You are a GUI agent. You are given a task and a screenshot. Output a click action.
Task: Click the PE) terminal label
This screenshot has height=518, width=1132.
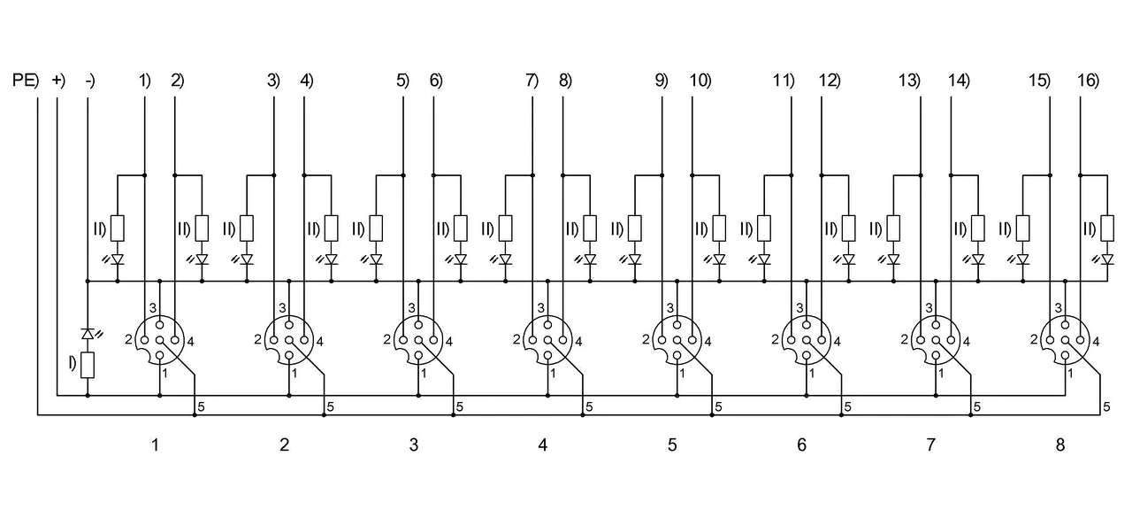pyautogui.click(x=26, y=81)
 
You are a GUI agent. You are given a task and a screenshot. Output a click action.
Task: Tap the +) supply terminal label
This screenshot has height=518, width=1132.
pyautogui.click(x=58, y=81)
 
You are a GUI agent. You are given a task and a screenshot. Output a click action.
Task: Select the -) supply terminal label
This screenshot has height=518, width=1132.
pyautogui.click(x=90, y=81)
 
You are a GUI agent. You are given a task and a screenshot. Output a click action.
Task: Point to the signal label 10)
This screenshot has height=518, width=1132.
pyautogui.click(x=700, y=81)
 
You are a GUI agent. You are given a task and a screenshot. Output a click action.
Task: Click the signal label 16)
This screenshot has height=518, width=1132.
pyautogui.click(x=1089, y=81)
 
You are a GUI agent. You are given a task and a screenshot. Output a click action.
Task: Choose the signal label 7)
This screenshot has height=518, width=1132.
pyautogui.click(x=532, y=81)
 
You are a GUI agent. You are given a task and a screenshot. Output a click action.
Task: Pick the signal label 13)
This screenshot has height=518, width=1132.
pyautogui.click(x=909, y=81)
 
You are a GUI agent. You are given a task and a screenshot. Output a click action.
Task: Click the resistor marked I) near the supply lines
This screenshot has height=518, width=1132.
pyautogui.click(x=88, y=365)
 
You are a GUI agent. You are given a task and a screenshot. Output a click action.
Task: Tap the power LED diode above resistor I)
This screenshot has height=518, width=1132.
pyautogui.click(x=88, y=333)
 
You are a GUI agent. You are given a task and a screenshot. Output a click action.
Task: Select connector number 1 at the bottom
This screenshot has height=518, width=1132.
pyautogui.click(x=155, y=445)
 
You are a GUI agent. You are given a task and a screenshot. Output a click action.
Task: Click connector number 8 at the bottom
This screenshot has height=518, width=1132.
pyautogui.click(x=1060, y=445)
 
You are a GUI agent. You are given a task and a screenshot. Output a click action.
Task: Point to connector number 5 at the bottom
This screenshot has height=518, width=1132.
pyautogui.click(x=672, y=445)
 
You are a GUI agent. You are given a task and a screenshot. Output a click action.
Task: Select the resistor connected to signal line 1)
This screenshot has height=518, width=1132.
pyautogui.click(x=118, y=228)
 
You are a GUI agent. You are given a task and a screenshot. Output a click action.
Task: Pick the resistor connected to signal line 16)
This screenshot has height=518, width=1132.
pyautogui.click(x=1107, y=228)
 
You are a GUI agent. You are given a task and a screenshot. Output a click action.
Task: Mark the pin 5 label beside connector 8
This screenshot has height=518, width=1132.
pyautogui.click(x=1106, y=406)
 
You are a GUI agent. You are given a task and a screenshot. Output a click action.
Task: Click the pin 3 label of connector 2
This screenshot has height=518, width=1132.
pyautogui.click(x=282, y=308)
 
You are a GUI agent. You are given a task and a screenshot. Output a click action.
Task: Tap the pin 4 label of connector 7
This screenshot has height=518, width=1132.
pyautogui.click(x=967, y=342)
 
